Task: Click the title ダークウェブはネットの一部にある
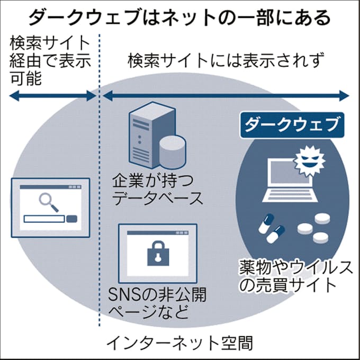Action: pyautogui.click(x=179, y=18)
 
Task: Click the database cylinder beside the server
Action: pyautogui.click(x=172, y=151)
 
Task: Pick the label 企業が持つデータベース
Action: pyautogui.click(x=157, y=190)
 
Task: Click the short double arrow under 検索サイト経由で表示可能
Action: pyautogui.click(x=52, y=96)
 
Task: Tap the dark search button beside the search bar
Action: pyautogui.click(x=71, y=219)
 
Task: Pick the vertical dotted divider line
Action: pyautogui.click(x=98, y=185)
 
